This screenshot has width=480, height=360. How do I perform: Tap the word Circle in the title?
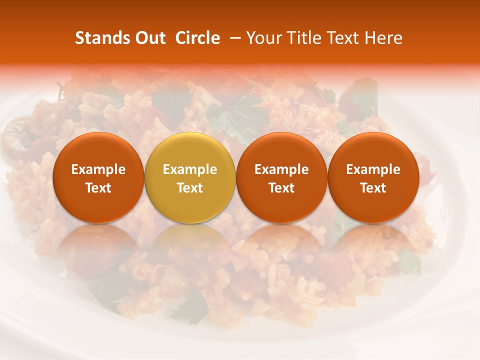(197, 38)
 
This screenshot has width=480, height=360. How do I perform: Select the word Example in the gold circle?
(190, 170)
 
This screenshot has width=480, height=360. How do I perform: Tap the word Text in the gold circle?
(190, 188)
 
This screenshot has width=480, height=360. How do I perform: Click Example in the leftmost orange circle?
(98, 170)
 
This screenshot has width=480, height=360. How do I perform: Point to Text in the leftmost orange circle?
(98, 188)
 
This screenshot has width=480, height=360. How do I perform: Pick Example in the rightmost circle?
(373, 170)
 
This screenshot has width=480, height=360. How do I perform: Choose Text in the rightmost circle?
(373, 188)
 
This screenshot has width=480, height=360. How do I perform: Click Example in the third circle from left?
(281, 170)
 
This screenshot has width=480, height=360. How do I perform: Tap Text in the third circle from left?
(281, 188)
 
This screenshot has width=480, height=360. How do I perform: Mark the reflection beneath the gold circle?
(190, 245)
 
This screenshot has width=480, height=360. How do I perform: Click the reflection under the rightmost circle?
(373, 245)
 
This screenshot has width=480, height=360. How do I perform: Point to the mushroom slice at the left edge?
(15, 135)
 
